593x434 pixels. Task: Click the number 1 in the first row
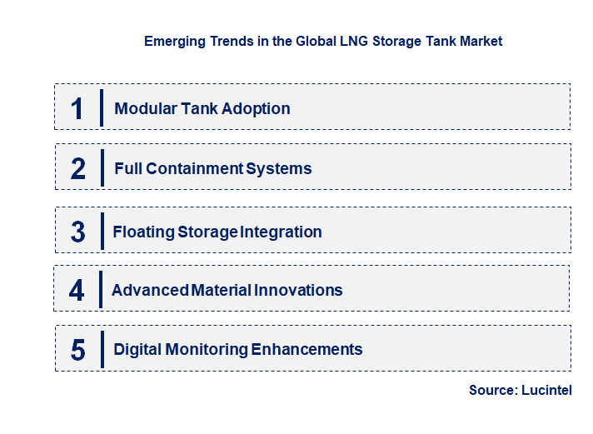click(77, 108)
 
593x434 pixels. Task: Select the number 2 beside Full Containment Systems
click(78, 168)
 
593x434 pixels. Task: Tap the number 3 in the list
click(78, 232)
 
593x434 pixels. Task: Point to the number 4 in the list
click(77, 290)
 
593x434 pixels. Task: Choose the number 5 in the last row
click(78, 350)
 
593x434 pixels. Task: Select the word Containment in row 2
click(194, 168)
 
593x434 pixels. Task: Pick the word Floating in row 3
click(143, 232)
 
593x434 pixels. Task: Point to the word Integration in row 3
click(281, 232)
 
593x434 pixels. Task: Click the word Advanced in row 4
click(149, 290)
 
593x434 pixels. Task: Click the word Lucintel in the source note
click(546, 390)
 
